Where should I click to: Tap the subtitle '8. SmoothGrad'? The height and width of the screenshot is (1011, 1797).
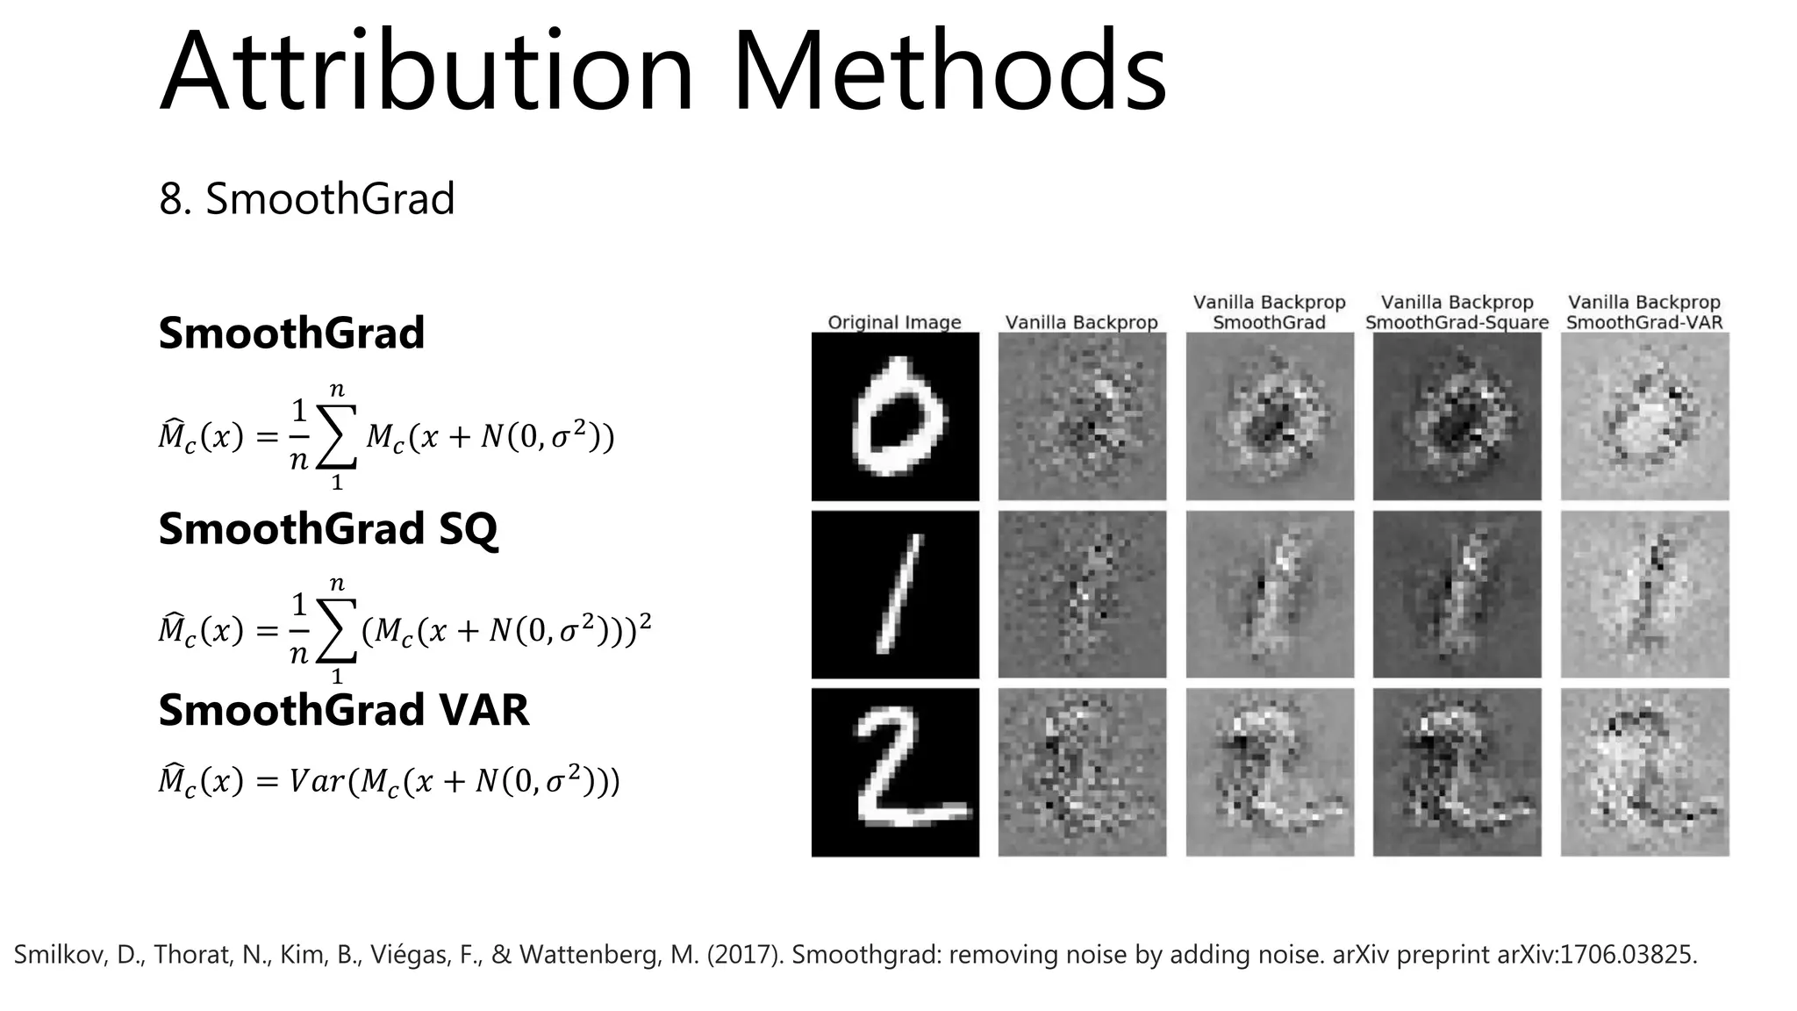click(306, 198)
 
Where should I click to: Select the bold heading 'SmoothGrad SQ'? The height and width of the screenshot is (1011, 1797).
click(327, 529)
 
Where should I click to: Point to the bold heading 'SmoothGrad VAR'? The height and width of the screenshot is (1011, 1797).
click(343, 710)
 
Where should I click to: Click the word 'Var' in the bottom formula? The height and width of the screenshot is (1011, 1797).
click(316, 780)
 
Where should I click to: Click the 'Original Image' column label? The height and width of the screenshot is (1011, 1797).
click(894, 322)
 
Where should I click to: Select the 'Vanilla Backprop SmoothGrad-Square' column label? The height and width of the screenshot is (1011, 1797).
click(1457, 312)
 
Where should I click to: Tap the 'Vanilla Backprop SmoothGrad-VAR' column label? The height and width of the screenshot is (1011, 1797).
click(1644, 312)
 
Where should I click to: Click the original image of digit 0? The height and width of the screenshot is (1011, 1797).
click(895, 416)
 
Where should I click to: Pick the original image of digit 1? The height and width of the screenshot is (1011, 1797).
click(895, 594)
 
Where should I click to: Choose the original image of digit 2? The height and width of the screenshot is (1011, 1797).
click(895, 772)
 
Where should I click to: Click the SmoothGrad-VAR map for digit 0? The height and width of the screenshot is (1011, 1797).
click(1644, 416)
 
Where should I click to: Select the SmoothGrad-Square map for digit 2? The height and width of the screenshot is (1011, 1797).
click(1457, 772)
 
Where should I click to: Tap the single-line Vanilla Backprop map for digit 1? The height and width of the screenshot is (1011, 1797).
click(1082, 594)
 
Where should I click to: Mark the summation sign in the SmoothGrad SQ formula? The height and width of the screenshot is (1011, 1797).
click(337, 630)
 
